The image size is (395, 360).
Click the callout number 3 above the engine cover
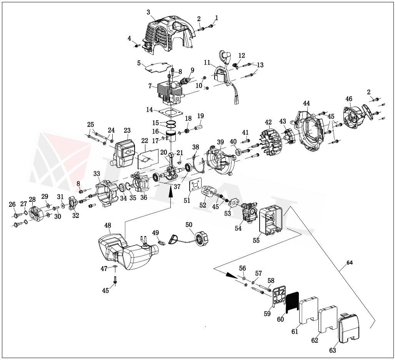point(148,12)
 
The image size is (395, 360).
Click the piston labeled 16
point(171,137)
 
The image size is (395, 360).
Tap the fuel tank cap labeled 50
point(201,236)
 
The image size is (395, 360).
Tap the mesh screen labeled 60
point(292,302)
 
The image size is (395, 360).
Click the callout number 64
point(349,263)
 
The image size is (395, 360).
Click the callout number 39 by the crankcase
point(220,142)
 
